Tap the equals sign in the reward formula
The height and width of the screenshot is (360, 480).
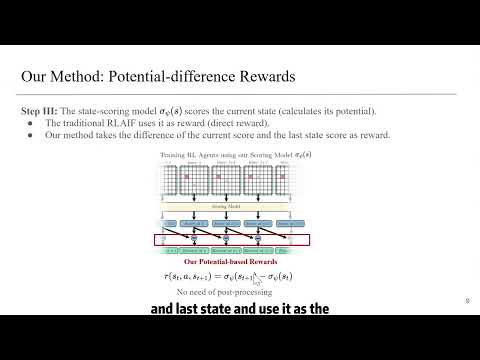pos(227,275)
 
